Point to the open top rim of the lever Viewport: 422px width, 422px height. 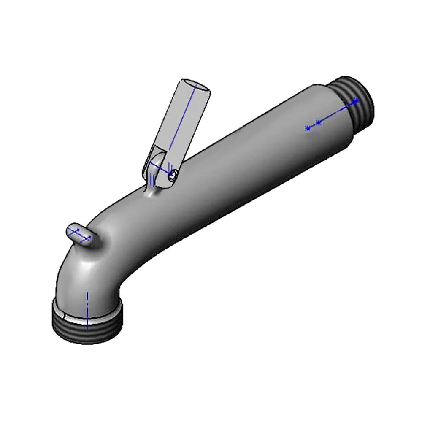195,85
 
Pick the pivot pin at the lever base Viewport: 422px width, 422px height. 173,175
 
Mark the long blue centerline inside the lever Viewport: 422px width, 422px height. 181,122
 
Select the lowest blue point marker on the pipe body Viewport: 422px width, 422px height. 308,128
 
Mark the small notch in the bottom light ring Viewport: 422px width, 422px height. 63,315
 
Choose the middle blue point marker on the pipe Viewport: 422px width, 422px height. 319,122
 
